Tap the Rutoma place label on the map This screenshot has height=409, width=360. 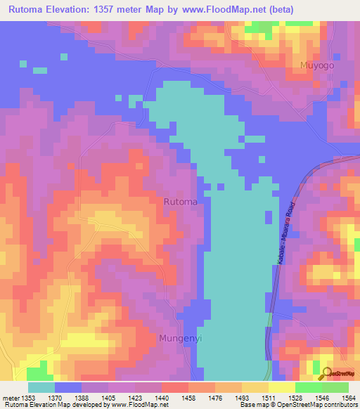point(180,202)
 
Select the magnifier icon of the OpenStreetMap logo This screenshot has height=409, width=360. point(326,373)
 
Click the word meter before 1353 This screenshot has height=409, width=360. point(11,398)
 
